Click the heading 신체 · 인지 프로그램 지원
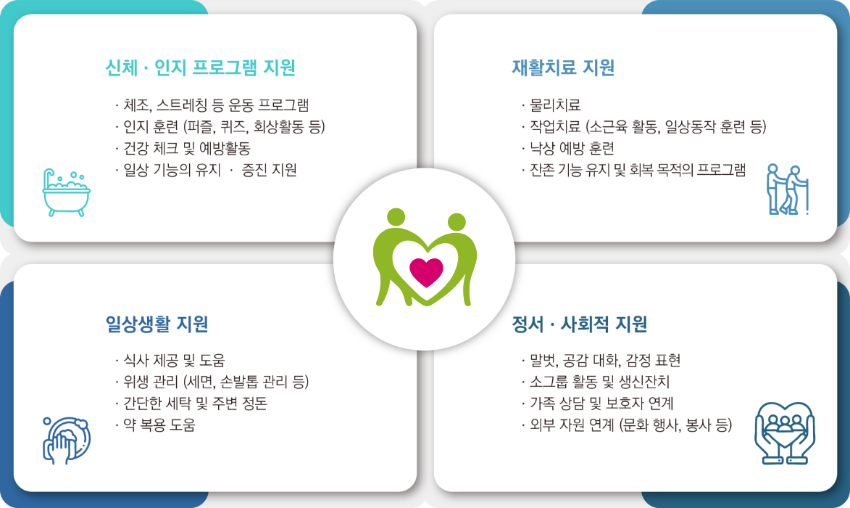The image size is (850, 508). (201, 67)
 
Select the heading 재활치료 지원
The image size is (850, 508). (563, 67)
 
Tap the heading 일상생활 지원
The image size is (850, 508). (157, 324)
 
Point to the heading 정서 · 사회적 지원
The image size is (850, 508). (580, 324)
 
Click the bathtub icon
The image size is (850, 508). (66, 192)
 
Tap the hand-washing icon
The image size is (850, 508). (66, 441)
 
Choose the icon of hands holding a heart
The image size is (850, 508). (785, 433)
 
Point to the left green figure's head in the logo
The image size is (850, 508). (396, 217)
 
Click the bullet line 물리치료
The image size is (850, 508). (551, 105)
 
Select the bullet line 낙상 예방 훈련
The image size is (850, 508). (567, 148)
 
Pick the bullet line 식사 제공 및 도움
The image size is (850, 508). (170, 361)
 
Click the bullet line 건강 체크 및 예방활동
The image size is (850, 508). (183, 148)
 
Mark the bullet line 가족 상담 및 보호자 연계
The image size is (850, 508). (597, 403)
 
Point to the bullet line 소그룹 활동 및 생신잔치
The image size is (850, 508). (595, 382)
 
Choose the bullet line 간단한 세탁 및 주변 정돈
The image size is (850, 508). (191, 403)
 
